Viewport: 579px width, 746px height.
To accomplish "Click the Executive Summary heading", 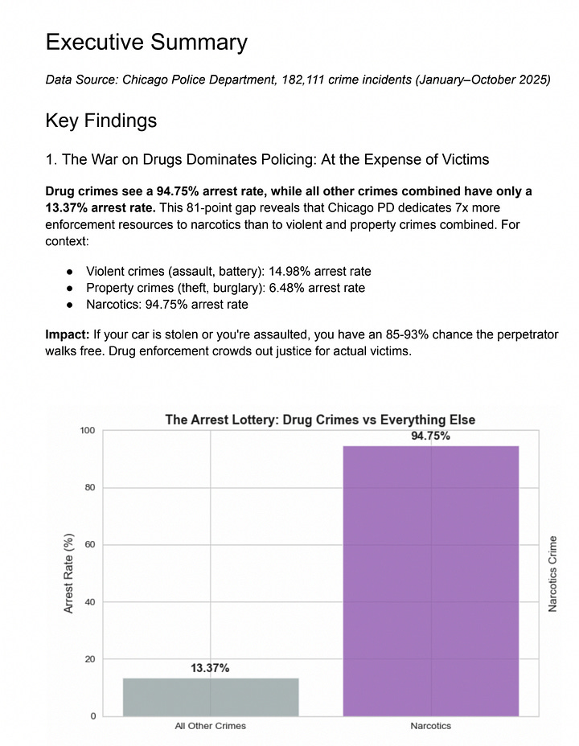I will click(x=146, y=42).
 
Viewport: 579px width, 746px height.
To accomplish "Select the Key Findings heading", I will click(x=101, y=121).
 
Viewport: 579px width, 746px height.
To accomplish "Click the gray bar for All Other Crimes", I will click(x=211, y=696).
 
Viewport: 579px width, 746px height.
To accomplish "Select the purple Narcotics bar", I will click(x=431, y=580).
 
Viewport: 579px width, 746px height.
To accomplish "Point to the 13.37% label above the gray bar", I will click(x=211, y=669).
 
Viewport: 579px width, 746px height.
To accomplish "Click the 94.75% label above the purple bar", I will click(x=431, y=437).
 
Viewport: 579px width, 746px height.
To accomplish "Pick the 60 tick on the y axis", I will click(x=88, y=545).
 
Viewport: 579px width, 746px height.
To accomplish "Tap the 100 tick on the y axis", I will click(x=86, y=431).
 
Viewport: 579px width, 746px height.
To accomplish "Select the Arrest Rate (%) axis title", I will click(x=69, y=573).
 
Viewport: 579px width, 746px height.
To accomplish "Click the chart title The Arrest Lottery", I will click(x=320, y=419).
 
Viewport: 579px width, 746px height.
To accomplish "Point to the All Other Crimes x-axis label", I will click(x=211, y=727).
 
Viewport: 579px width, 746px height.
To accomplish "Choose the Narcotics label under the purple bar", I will click(x=431, y=727).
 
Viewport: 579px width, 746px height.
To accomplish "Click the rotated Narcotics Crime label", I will click(x=553, y=574).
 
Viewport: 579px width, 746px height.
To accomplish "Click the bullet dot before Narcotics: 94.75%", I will click(x=71, y=305).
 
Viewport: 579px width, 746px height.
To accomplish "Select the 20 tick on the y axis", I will click(x=88, y=659).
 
